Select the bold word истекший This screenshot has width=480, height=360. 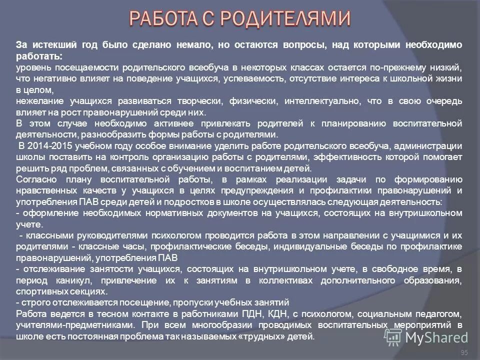pyautogui.click(x=49, y=44)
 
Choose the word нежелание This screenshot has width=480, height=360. pyautogui.click(x=35, y=101)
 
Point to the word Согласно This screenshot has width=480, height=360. pyautogui.click(x=35, y=179)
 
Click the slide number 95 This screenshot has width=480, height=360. pyautogui.click(x=464, y=353)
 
